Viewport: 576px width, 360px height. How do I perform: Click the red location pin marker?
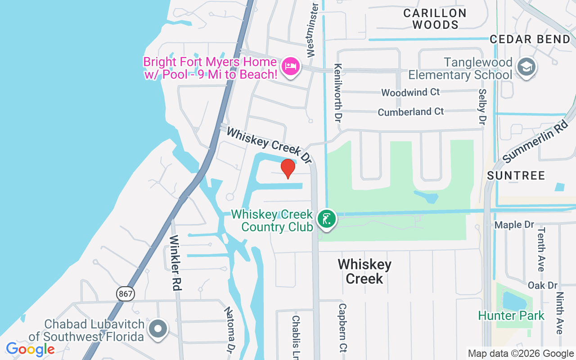pos(288,168)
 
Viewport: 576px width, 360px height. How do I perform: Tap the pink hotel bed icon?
pos(290,67)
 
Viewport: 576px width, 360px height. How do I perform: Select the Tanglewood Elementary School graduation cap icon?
pos(526,67)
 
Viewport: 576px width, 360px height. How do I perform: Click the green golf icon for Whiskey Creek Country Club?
pos(327,219)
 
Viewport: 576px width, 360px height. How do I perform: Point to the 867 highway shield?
pos(126,294)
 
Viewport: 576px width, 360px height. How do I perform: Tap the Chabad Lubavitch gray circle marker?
pos(158,329)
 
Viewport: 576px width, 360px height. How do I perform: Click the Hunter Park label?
pos(511,316)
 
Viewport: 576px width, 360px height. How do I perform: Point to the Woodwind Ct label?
pos(410,92)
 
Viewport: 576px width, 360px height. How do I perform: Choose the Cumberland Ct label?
pos(411,112)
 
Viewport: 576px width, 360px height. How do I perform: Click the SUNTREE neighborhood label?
pos(516,175)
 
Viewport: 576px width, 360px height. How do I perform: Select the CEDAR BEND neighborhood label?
pos(530,39)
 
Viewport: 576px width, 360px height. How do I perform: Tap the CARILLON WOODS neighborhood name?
pos(435,19)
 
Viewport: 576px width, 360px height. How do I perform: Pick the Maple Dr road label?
pos(514,225)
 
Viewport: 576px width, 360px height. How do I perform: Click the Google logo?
pos(30,349)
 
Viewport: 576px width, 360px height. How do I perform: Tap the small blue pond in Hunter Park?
pos(513,301)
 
